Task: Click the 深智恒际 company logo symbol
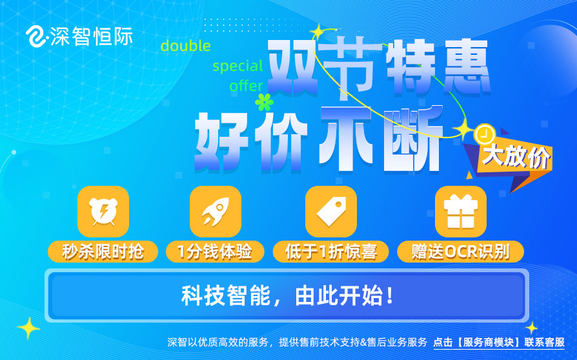(35, 36)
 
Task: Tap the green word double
(186, 46)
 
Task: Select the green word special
(238, 66)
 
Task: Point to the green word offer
(246, 86)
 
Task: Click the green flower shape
(264, 102)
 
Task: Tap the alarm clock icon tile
(103, 212)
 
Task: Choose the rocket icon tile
(216, 212)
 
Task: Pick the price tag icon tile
(331, 212)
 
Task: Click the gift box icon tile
(461, 212)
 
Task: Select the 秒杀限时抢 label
(103, 252)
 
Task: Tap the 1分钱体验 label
(215, 252)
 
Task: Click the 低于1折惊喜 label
(331, 252)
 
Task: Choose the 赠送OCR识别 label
(460, 252)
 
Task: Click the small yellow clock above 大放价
(485, 134)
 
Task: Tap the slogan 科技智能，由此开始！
(287, 295)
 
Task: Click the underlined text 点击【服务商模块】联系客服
(499, 343)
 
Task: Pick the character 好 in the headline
(221, 141)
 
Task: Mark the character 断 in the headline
(413, 139)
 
